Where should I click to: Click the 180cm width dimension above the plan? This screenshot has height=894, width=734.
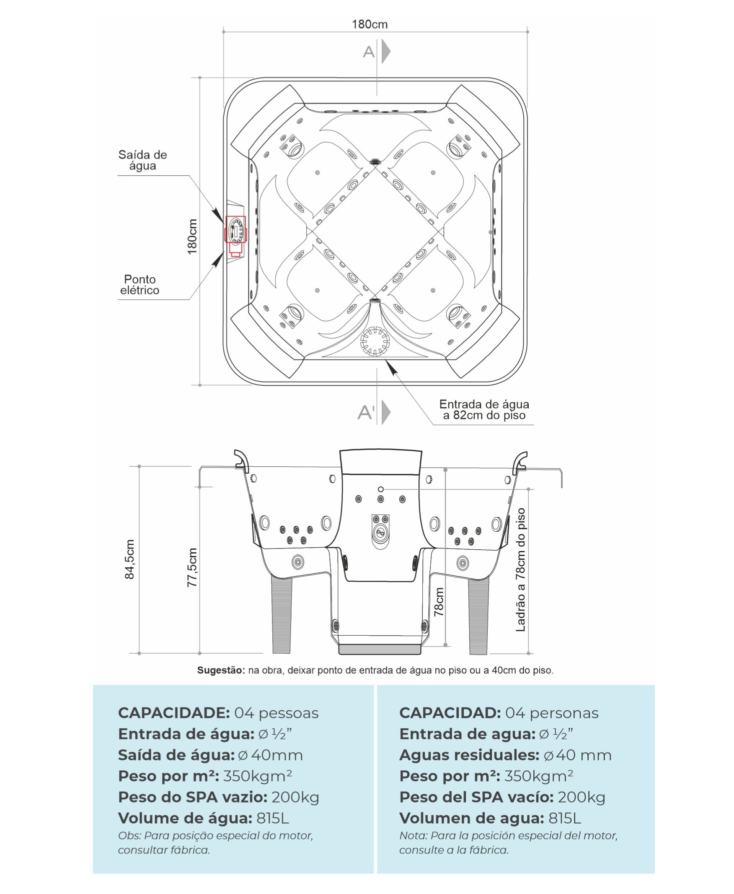click(369, 25)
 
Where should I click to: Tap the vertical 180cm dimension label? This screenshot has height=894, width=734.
click(192, 236)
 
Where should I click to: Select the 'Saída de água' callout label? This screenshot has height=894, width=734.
click(142, 160)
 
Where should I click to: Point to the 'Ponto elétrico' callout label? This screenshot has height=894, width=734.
click(140, 285)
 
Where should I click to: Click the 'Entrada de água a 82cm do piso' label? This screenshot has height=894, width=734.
click(484, 410)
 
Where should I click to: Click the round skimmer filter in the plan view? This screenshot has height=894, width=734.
click(375, 341)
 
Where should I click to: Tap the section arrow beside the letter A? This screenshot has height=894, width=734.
click(385, 52)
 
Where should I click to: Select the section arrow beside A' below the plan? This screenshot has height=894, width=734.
click(385, 412)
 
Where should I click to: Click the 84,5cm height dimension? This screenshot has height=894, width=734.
click(130, 559)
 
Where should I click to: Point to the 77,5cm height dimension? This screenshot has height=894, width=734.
click(192, 567)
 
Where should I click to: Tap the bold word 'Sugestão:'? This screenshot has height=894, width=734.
click(221, 670)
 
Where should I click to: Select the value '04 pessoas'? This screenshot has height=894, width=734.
click(276, 713)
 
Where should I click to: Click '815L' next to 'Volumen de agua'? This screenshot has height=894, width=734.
click(564, 818)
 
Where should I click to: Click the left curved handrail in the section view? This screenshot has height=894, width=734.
click(241, 460)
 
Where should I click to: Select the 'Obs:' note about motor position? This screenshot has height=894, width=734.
click(215, 843)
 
